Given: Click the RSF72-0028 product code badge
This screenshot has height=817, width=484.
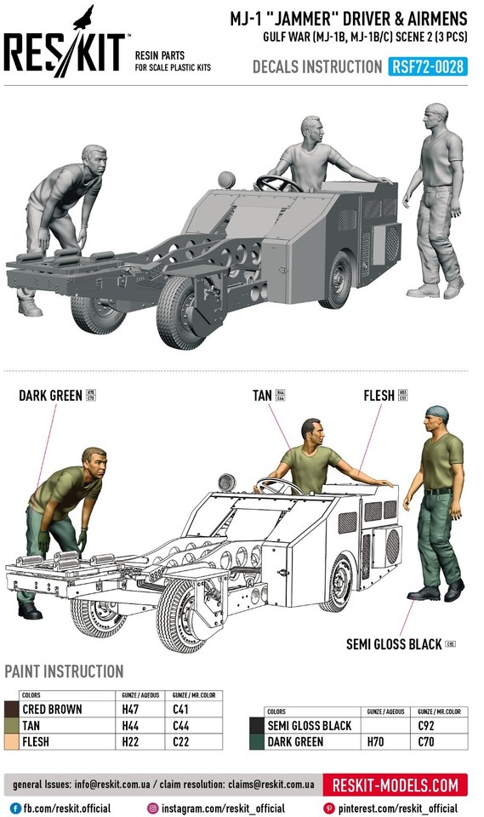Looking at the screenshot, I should (x=429, y=67).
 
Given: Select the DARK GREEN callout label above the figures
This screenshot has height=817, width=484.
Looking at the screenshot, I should (x=50, y=396).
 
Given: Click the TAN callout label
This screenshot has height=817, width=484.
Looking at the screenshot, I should (x=262, y=396).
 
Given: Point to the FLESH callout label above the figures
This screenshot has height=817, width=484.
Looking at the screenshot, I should (x=379, y=396).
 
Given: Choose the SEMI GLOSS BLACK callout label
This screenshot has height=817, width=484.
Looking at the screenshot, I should (x=394, y=644).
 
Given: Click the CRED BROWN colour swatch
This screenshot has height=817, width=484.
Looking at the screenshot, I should (x=11, y=708).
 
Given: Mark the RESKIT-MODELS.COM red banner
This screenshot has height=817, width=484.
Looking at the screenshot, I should (x=396, y=785).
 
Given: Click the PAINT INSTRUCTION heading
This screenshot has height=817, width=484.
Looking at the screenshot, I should (x=64, y=671).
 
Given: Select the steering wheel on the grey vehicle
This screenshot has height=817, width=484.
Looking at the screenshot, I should (x=277, y=182).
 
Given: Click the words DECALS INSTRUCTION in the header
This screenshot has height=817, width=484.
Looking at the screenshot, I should (x=316, y=67).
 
